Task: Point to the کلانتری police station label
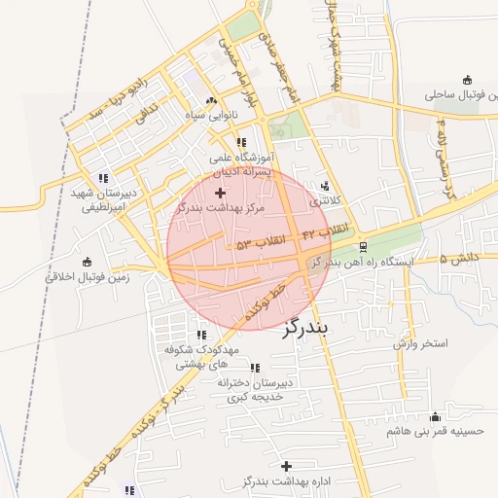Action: coord(328,201)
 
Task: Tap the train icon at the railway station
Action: coord(363,246)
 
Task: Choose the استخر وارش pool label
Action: coord(420,344)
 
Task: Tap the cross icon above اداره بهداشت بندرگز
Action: coord(286,467)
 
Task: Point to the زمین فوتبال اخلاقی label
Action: coord(88,277)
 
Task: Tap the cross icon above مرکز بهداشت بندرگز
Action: coord(220,194)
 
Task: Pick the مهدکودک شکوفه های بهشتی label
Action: coord(200,356)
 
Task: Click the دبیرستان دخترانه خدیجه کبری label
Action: coord(255,390)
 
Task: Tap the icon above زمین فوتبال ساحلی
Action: coord(468,80)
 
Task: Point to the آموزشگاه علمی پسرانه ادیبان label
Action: coord(242,163)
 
